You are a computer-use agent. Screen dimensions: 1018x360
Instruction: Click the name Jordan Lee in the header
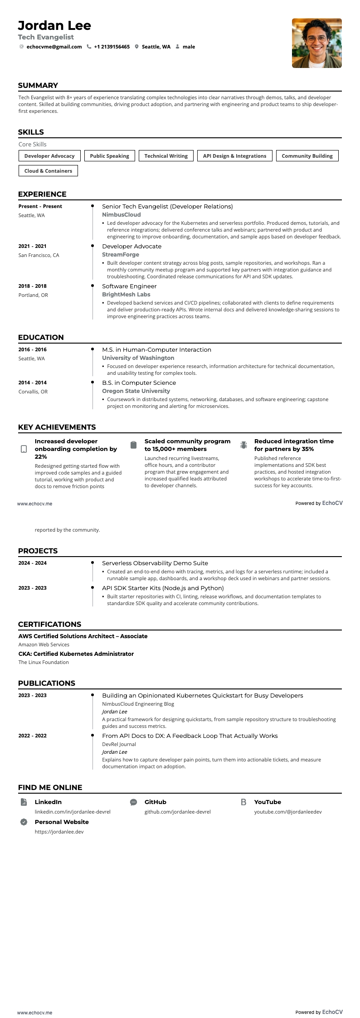coord(54,25)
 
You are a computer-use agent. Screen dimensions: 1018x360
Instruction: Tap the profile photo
coord(316,43)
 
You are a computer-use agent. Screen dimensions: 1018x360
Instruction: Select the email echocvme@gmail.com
coord(54,47)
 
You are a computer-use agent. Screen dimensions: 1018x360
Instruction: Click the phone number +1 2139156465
coord(112,47)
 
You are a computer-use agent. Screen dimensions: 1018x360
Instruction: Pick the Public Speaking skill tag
coord(109,156)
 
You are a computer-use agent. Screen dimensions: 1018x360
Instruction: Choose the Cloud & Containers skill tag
coord(48,171)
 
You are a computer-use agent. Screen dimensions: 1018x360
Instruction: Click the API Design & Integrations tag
coord(234,156)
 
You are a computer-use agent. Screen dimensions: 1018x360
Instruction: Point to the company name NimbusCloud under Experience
coord(121,215)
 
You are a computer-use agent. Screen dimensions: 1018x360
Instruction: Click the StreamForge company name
coord(120,255)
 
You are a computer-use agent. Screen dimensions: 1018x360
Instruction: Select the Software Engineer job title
coord(129,286)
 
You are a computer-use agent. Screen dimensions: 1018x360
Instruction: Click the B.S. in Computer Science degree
coord(139,383)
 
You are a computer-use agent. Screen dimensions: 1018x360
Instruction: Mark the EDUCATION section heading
coord(41,337)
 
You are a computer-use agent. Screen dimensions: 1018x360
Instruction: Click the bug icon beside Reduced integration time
coord(243,445)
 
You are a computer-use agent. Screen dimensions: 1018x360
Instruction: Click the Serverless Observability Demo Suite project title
coord(155,563)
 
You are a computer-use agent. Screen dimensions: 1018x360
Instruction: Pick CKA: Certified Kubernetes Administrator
coord(76,654)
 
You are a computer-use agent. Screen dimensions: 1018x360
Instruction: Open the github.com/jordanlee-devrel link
coord(177,812)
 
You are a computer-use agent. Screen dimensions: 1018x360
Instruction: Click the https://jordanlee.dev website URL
coord(59,832)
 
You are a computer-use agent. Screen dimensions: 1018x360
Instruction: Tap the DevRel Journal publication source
coord(119,744)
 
